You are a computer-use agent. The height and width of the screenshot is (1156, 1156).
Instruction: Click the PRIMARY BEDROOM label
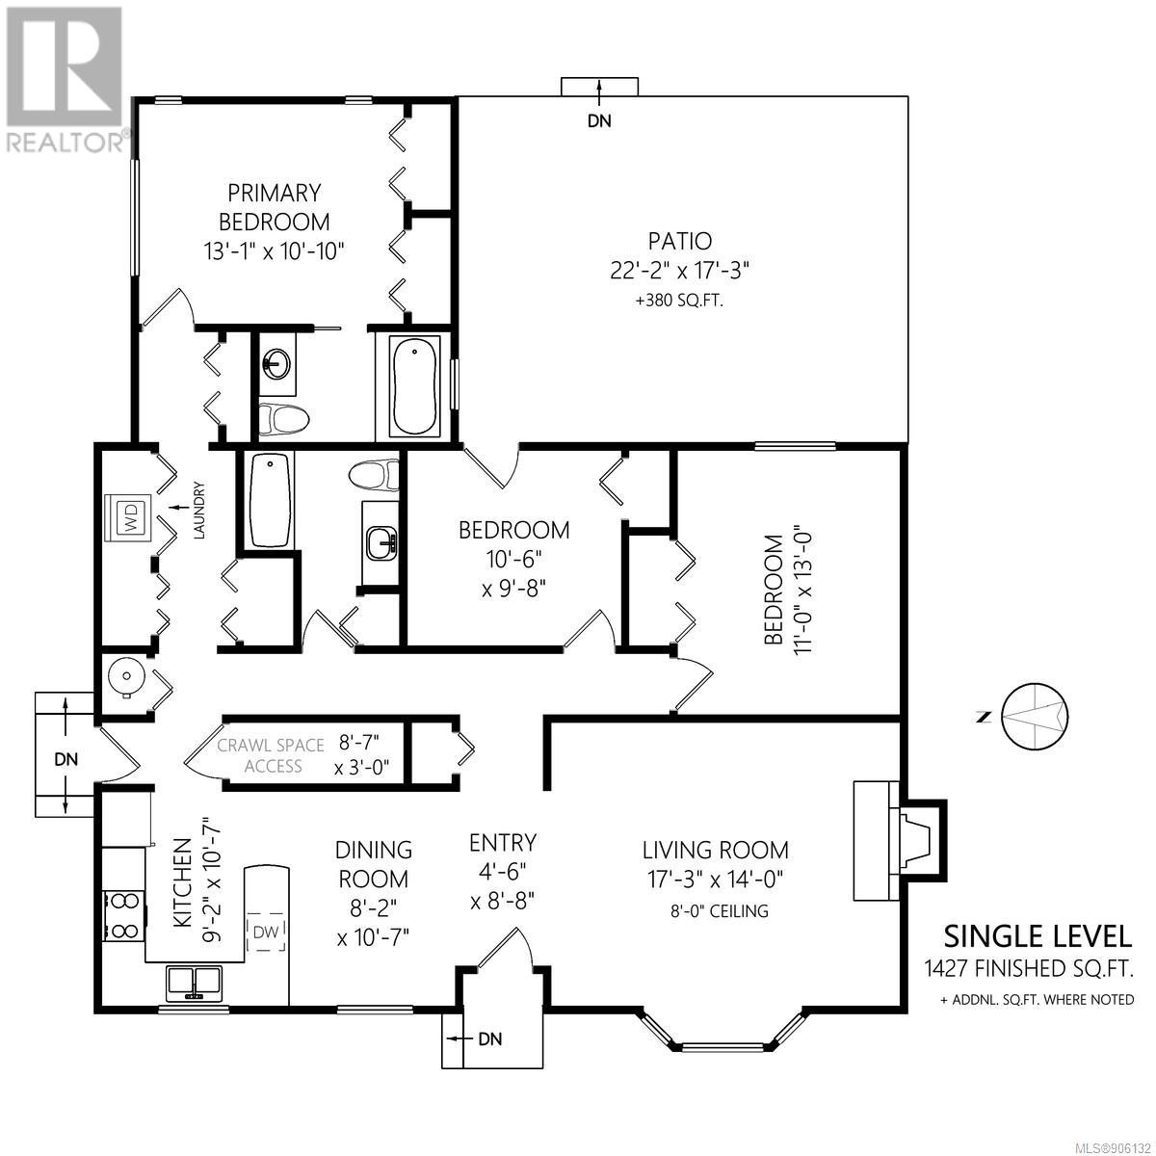(x=275, y=207)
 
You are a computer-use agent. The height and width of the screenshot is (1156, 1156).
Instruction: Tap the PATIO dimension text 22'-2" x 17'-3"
(x=680, y=271)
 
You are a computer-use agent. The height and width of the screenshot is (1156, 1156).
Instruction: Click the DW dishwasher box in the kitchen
(x=266, y=932)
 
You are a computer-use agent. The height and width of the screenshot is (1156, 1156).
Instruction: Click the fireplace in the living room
(x=899, y=840)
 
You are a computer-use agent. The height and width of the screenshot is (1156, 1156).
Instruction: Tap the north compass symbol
(x=1034, y=717)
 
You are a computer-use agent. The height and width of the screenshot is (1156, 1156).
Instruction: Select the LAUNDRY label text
(x=199, y=510)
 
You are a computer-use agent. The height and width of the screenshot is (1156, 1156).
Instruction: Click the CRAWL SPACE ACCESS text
(x=271, y=755)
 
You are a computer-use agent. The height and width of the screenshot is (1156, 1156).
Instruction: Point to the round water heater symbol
(x=126, y=676)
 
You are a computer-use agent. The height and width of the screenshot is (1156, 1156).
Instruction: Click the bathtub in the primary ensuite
(x=414, y=385)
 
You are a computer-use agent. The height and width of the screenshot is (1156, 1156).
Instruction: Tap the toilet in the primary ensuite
(x=283, y=417)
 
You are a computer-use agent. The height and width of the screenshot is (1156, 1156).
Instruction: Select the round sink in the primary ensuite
(x=276, y=363)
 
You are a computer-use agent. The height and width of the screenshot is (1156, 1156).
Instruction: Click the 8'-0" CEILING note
(x=719, y=910)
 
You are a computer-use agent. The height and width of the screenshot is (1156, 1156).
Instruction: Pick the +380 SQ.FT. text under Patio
(x=680, y=301)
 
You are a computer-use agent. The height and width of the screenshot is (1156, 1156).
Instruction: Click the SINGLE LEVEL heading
(x=1038, y=936)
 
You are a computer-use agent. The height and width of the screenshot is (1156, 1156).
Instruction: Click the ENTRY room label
(x=503, y=843)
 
